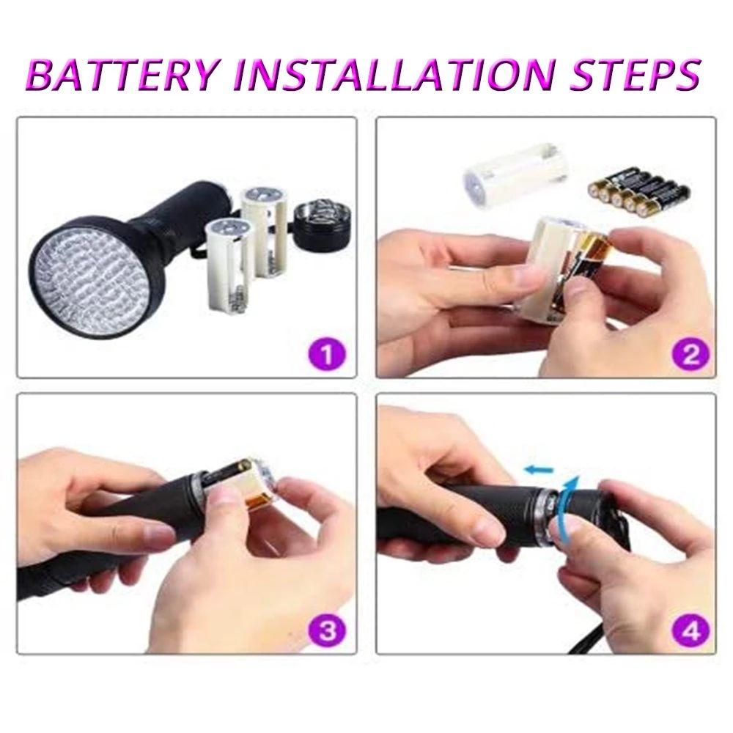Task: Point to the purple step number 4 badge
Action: [690, 629]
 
